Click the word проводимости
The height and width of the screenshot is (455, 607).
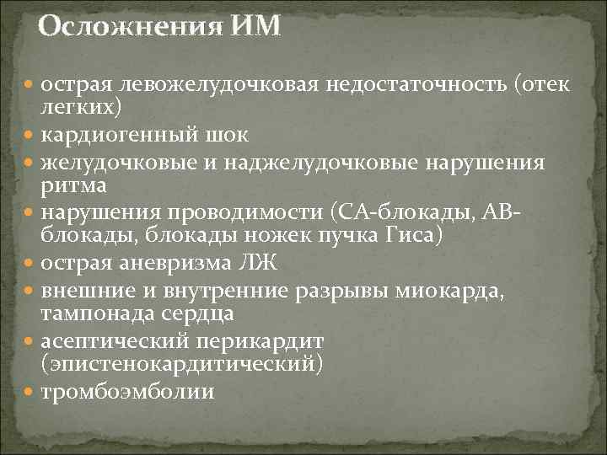(242, 211)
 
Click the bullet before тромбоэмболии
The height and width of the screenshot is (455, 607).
(30, 392)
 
